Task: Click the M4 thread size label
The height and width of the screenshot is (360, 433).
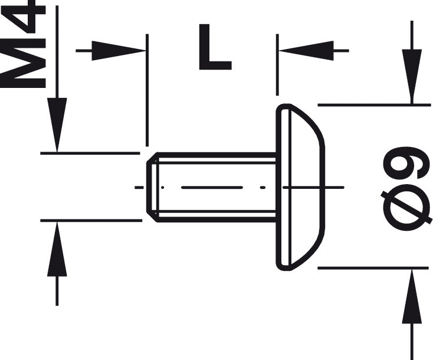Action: pyautogui.click(x=23, y=44)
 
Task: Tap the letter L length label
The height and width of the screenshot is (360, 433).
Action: pyautogui.click(x=215, y=47)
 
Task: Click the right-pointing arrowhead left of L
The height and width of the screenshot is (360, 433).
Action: pyautogui.click(x=119, y=51)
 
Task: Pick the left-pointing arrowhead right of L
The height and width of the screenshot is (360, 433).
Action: pyautogui.click(x=306, y=51)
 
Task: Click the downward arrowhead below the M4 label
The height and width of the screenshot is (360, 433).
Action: pyautogui.click(x=57, y=125)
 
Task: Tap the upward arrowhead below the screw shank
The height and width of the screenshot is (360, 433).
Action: pyautogui.click(x=57, y=249)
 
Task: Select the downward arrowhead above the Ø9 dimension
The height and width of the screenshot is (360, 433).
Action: pyautogui.click(x=412, y=77)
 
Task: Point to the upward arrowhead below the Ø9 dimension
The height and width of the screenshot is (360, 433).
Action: pyautogui.click(x=412, y=296)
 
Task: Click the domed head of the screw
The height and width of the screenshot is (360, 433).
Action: pyautogui.click(x=300, y=187)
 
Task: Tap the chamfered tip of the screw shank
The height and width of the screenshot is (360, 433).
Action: pyautogui.click(x=153, y=187)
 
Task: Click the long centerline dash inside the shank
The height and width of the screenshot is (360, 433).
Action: pyautogui.click(x=212, y=187)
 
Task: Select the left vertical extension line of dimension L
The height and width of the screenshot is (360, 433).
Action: pyautogui.click(x=147, y=90)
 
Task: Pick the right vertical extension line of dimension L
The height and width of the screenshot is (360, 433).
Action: pyautogui.click(x=277, y=65)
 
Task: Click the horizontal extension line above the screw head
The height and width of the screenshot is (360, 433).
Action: pyautogui.click(x=374, y=105)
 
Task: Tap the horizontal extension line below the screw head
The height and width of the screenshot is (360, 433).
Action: pyautogui.click(x=373, y=268)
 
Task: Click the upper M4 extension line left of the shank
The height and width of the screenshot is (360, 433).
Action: pyautogui.click(x=90, y=153)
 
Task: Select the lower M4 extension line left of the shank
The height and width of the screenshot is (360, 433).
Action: pyautogui.click(x=91, y=221)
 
